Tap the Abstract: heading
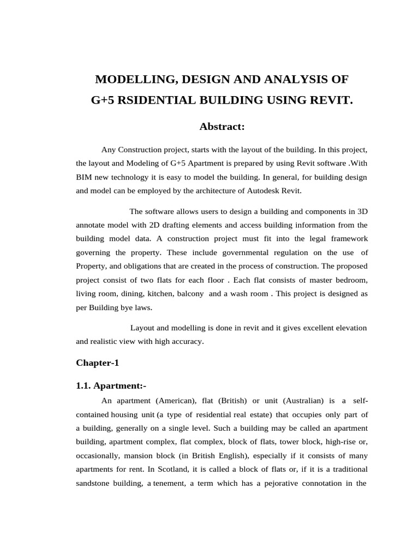point(222,127)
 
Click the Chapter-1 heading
point(97,362)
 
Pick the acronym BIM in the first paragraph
point(85,177)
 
